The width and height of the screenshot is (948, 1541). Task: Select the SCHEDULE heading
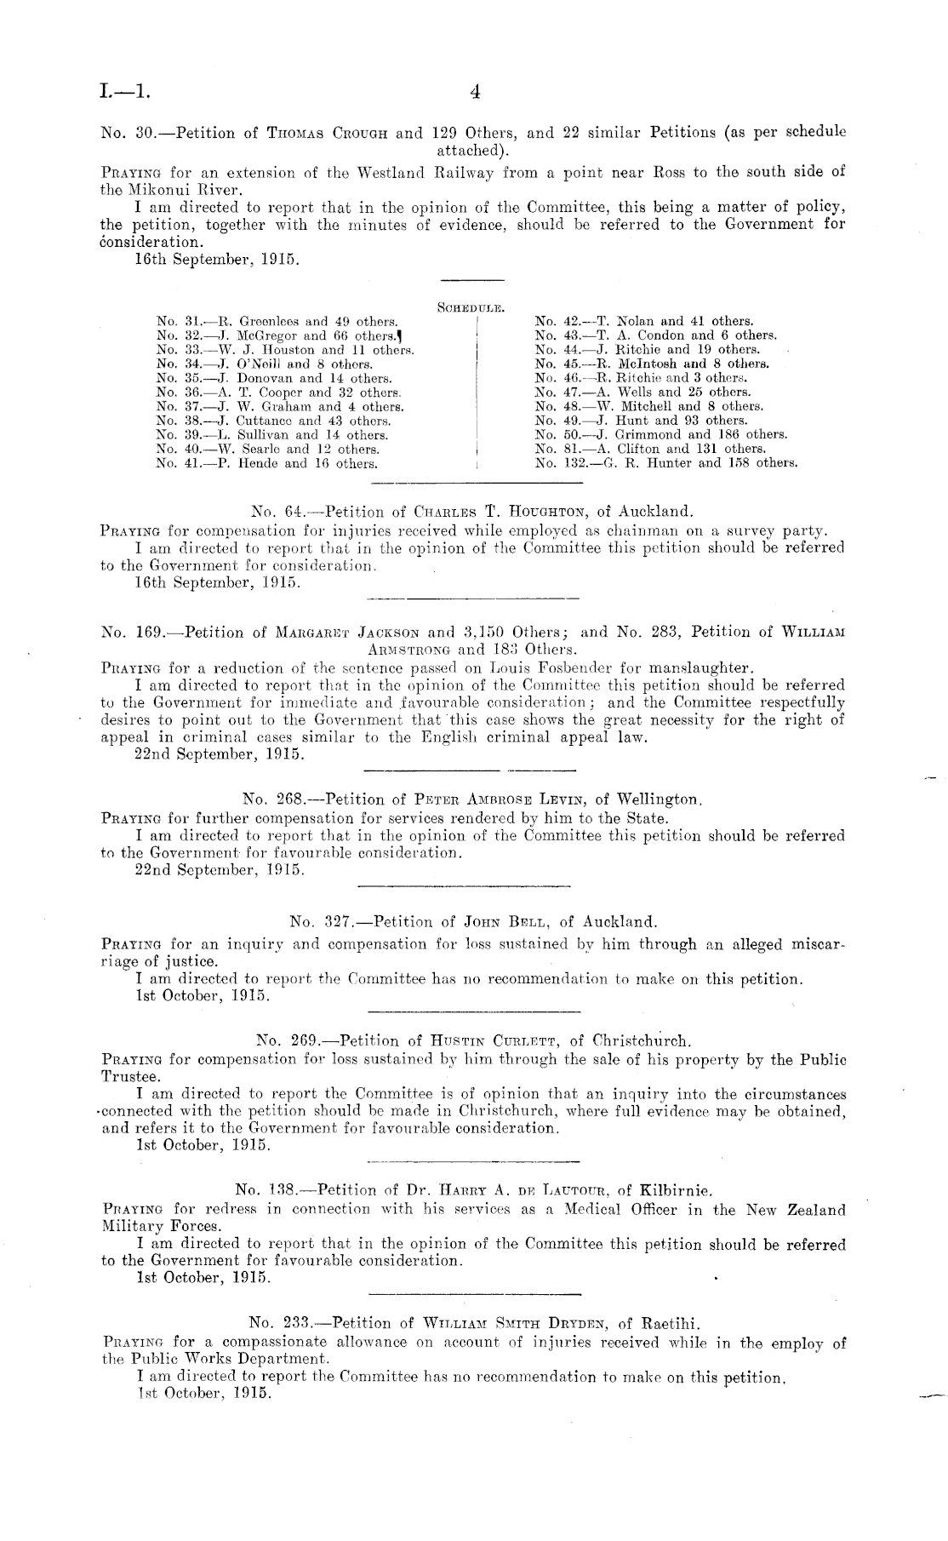(472, 305)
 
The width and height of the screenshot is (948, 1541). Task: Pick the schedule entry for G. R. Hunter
(665, 463)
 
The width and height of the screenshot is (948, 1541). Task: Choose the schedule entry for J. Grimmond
(660, 435)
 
